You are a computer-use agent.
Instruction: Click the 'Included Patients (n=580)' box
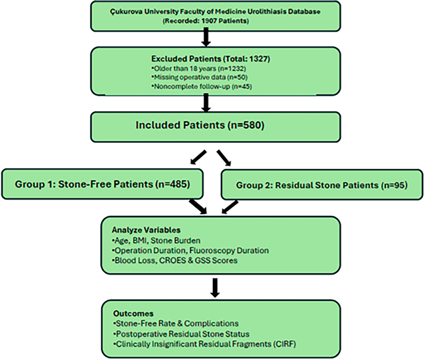pos(213,125)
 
